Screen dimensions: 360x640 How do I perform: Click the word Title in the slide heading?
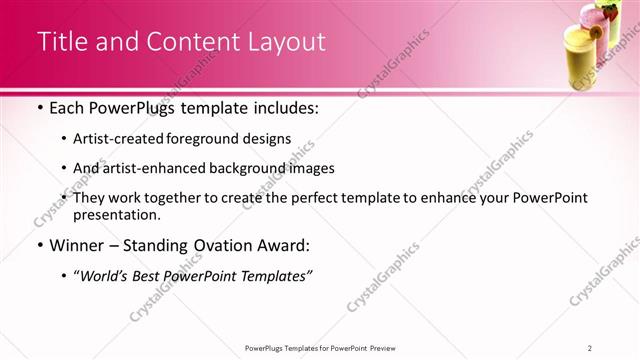coord(61,42)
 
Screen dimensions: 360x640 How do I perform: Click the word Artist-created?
coord(116,139)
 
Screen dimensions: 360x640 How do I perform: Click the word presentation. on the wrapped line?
coord(116,214)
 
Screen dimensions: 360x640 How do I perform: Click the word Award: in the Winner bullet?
coord(285,245)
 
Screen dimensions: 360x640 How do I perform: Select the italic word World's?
coord(102,275)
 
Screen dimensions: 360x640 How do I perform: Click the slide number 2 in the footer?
coord(590,347)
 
